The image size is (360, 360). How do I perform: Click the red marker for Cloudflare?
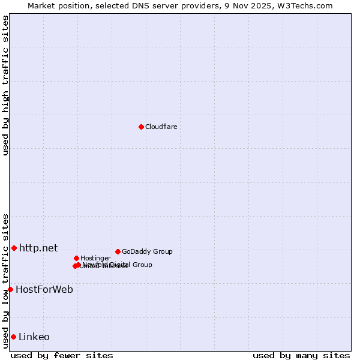(x=141, y=127)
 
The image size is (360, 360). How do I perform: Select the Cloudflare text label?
(x=161, y=127)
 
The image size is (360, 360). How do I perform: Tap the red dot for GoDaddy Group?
(x=118, y=251)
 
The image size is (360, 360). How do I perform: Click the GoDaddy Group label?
(x=147, y=251)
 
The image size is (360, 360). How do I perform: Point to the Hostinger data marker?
(x=76, y=258)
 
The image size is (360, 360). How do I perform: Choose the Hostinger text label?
(x=95, y=258)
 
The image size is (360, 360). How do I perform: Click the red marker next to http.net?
(x=14, y=248)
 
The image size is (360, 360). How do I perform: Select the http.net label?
(x=38, y=248)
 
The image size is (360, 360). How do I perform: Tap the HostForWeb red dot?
(x=10, y=289)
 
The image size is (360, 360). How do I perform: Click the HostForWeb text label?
(x=44, y=289)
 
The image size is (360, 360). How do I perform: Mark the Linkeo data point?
(x=13, y=337)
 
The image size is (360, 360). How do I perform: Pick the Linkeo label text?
(x=34, y=337)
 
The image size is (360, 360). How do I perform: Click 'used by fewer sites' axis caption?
(x=62, y=355)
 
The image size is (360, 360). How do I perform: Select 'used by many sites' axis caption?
(x=301, y=355)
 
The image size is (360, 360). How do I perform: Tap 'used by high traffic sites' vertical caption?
(x=5, y=85)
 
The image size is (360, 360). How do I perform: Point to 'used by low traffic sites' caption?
(x=5, y=280)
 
